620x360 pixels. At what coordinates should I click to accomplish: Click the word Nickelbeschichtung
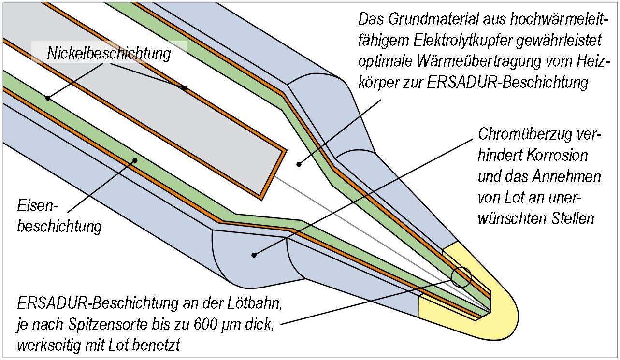[109, 54]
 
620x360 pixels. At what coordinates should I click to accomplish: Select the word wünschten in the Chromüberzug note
[512, 218]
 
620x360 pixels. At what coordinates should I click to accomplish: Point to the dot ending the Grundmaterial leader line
[299, 164]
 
